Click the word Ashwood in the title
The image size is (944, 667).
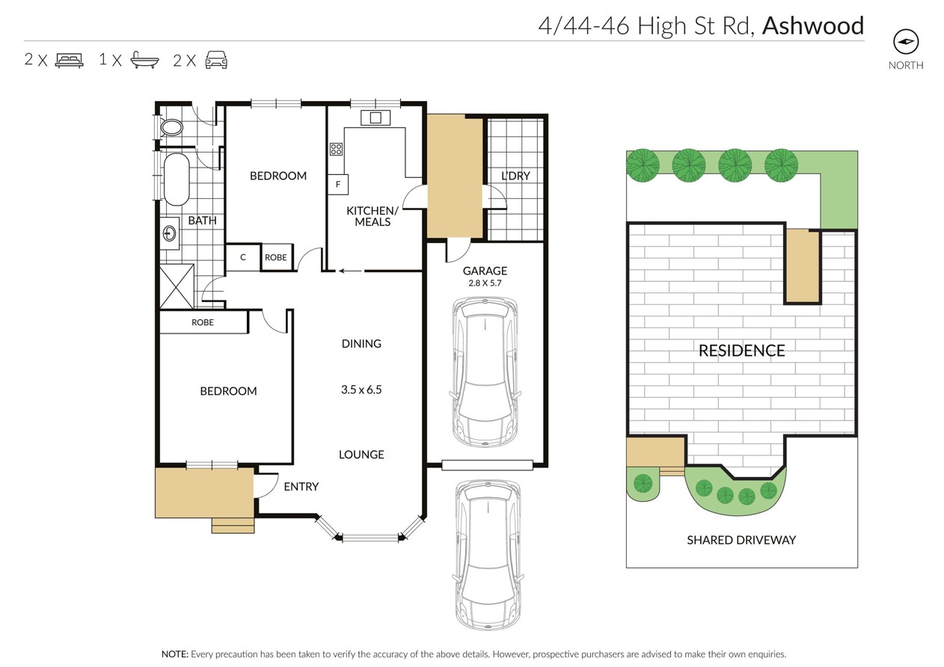tap(812, 25)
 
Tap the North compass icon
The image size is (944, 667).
tap(906, 42)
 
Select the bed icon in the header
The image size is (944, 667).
tap(69, 60)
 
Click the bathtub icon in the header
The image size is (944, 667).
tap(144, 60)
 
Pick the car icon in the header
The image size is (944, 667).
tap(215, 60)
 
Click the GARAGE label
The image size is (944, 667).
tap(485, 271)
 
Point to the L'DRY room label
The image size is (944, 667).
tap(515, 176)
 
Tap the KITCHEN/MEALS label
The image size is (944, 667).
tap(373, 216)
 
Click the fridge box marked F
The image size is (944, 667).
tap(338, 184)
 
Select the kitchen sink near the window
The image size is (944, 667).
tap(374, 117)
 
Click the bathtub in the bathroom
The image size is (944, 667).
tap(176, 179)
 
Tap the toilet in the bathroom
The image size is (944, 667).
tap(171, 127)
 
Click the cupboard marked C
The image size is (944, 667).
tap(242, 257)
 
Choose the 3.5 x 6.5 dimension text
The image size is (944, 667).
tap(361, 390)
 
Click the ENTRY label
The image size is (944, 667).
tap(301, 487)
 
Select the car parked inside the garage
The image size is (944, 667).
tap(485, 371)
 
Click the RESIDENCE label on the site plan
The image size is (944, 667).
tap(741, 350)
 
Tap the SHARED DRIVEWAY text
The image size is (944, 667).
tap(741, 540)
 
